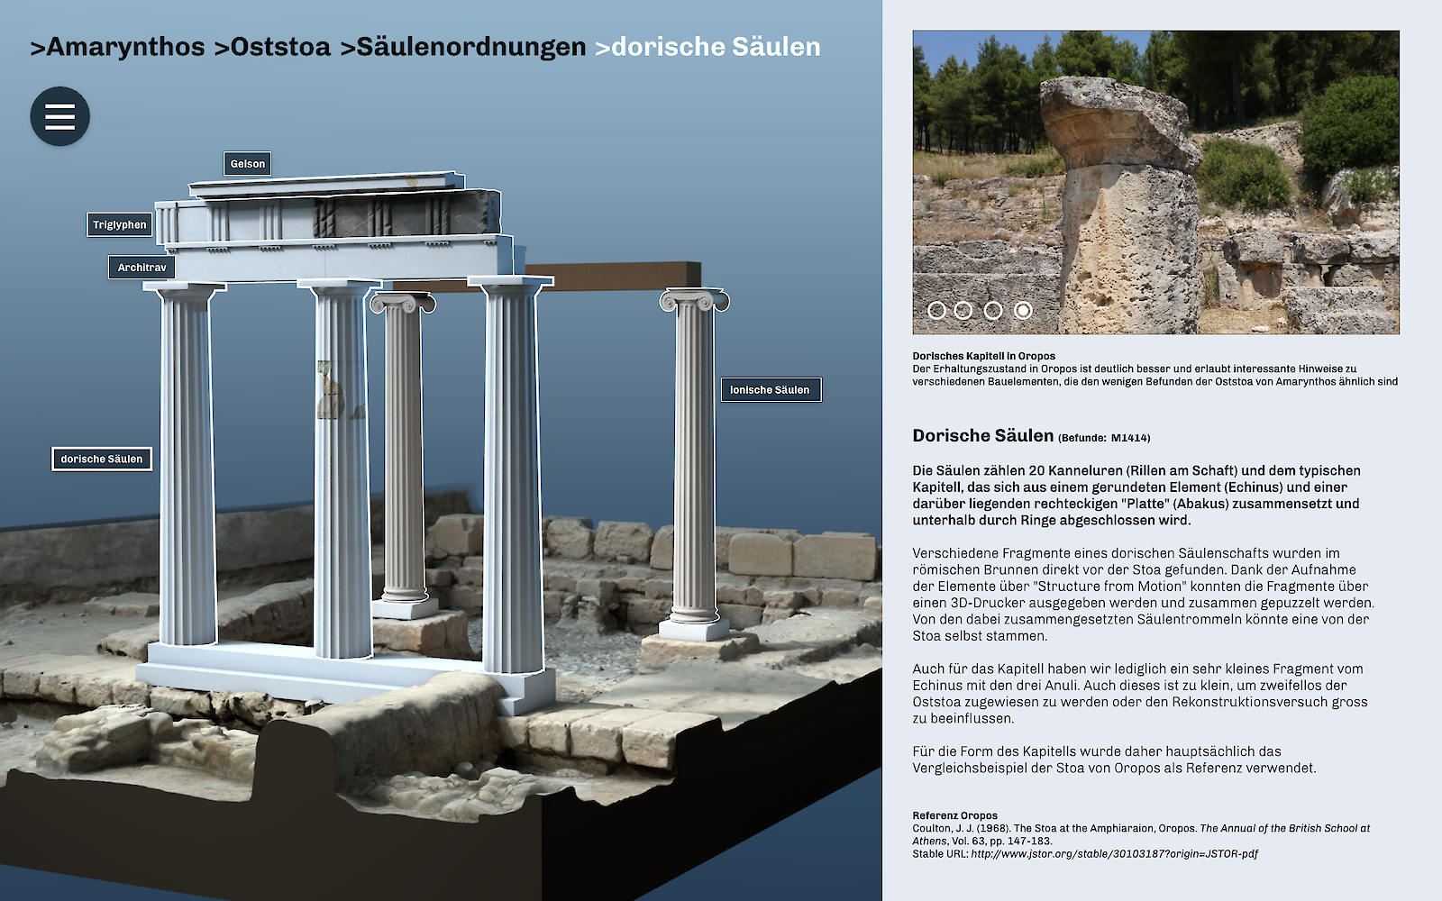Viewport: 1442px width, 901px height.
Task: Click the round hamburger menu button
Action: (x=59, y=116)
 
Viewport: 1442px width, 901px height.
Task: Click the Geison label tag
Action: (x=247, y=164)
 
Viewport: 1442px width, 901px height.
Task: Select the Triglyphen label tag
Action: (x=119, y=225)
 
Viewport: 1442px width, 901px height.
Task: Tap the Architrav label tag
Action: (x=141, y=268)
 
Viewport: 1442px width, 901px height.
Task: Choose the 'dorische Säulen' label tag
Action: (x=102, y=460)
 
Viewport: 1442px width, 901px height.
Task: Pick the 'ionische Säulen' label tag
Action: (x=771, y=390)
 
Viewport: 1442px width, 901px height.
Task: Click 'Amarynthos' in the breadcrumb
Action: (x=118, y=47)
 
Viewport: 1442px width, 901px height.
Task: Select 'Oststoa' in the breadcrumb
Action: (x=272, y=47)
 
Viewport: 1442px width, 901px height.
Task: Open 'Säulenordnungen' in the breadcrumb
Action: (x=462, y=47)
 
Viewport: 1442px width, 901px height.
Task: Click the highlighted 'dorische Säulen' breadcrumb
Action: (x=707, y=47)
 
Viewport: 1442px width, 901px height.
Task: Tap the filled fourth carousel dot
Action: (x=1023, y=310)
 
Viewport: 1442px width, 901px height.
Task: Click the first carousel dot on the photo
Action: (x=936, y=310)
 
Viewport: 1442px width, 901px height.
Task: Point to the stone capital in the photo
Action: (x=1118, y=122)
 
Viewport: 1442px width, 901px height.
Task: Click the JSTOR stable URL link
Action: (x=1114, y=854)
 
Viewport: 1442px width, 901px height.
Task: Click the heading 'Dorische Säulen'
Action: (x=982, y=436)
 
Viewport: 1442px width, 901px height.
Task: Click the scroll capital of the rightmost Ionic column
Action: (x=694, y=300)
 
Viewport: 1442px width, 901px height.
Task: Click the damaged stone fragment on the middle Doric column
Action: (x=330, y=392)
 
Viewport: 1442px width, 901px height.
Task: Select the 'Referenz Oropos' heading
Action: (x=954, y=815)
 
